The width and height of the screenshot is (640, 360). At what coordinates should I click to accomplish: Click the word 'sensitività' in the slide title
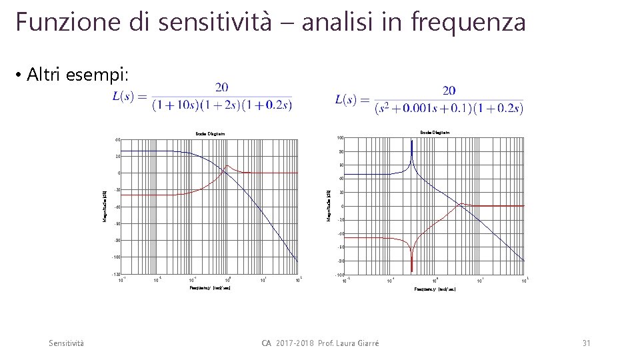coord(215,22)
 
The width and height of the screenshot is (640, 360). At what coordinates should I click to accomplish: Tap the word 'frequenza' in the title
coord(469,22)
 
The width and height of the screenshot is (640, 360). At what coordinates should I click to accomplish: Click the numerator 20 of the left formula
coord(221,87)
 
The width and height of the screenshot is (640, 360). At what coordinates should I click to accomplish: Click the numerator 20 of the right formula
coord(449,90)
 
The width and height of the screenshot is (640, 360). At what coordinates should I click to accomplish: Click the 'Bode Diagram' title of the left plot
coord(210,134)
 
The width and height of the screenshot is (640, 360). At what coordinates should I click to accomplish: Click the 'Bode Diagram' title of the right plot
coord(435,133)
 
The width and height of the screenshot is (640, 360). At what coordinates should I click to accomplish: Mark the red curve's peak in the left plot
coord(227,166)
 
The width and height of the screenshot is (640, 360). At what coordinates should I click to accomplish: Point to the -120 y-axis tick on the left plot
coord(115,275)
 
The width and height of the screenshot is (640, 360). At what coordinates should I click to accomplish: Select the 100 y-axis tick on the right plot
coord(339,138)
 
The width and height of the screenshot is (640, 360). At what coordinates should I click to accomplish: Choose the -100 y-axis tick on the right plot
coord(339,275)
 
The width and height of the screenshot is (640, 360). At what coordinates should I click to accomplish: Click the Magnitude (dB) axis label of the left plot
coord(104,207)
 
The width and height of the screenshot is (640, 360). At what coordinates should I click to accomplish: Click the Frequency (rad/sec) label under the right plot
coord(435,289)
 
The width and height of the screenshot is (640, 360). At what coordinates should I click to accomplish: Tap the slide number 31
coord(587,343)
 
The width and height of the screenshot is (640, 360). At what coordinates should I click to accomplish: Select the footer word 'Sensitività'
coord(67,343)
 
